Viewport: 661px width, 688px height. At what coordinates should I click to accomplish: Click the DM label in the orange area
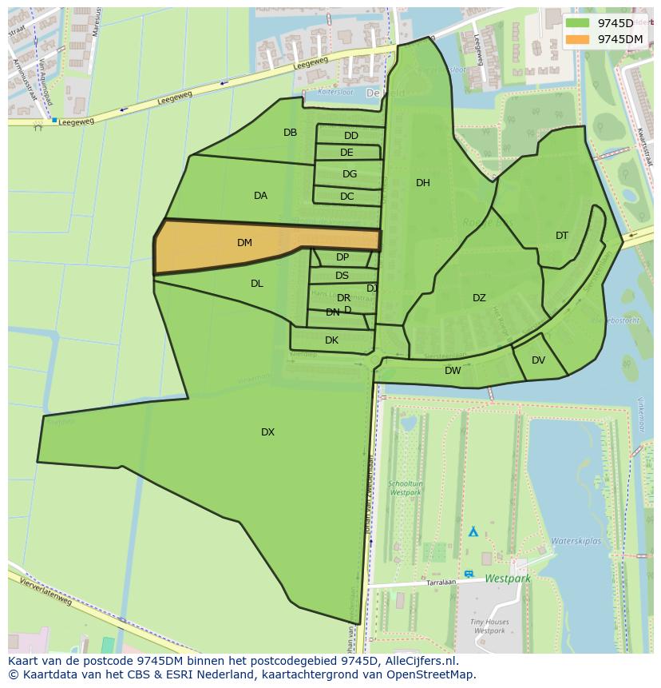pos(244,243)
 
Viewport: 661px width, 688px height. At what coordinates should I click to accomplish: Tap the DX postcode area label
pos(267,432)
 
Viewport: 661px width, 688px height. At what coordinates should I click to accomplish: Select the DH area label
pos(423,183)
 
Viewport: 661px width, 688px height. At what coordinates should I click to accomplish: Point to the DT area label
pos(562,236)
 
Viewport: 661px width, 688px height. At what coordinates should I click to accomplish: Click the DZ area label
pos(479,298)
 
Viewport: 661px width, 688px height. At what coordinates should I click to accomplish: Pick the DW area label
pos(453,371)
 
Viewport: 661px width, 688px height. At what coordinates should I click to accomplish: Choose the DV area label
pos(538,360)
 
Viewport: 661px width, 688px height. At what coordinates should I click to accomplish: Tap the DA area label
pos(260,196)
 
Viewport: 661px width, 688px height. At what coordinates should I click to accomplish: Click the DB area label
pos(290,133)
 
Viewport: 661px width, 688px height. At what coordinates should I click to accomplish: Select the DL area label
pos(256,284)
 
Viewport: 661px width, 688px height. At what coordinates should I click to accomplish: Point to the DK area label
pos(331,340)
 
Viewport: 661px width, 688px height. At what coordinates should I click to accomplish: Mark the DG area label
pos(350,174)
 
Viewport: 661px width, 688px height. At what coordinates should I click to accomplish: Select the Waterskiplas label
pos(576,541)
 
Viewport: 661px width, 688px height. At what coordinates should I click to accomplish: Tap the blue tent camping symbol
pos(473,531)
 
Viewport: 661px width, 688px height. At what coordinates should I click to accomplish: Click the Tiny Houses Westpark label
pos(490,626)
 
